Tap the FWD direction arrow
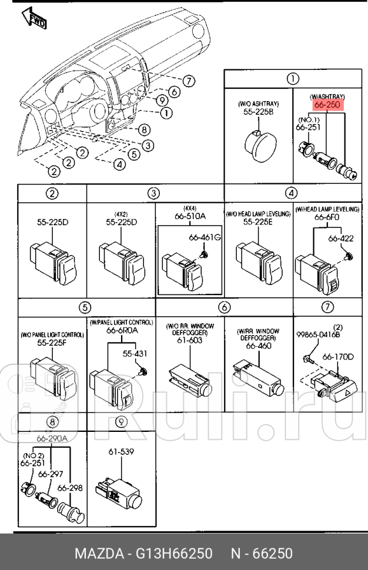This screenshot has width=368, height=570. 34,19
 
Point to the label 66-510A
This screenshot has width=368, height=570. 189,216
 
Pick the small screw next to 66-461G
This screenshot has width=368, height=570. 202,254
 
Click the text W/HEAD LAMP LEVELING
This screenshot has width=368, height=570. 327,209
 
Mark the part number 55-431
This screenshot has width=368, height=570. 135,354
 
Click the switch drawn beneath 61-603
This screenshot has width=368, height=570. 189,375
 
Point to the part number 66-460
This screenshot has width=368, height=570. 259,347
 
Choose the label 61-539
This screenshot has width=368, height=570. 121,452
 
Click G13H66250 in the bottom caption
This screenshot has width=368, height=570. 170,554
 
